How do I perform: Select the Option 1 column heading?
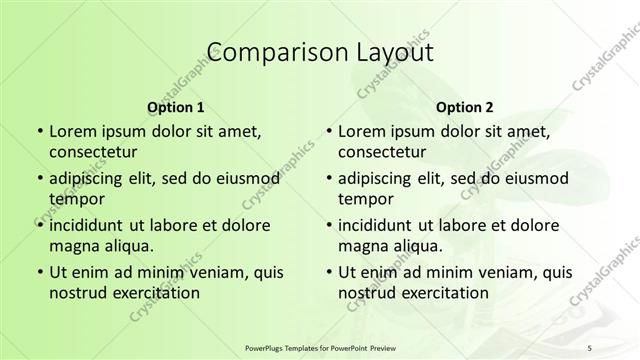click(x=176, y=107)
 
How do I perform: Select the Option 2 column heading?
click(x=465, y=107)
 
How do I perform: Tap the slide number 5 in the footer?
click(x=590, y=347)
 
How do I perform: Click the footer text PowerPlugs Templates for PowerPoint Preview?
click(x=320, y=347)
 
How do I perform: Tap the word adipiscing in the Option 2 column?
click(x=379, y=178)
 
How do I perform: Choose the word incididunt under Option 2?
click(x=381, y=224)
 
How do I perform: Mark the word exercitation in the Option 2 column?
click(x=444, y=293)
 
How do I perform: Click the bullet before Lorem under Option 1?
click(x=39, y=131)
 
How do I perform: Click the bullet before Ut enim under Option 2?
click(x=329, y=272)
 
